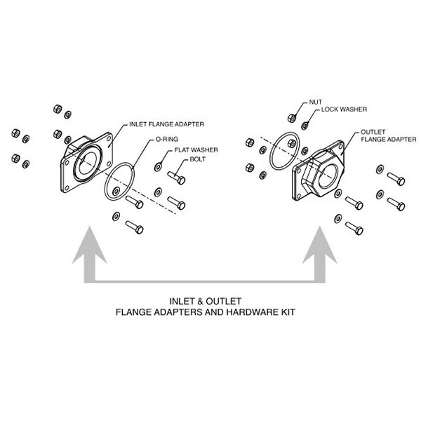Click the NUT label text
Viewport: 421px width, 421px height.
(x=316, y=102)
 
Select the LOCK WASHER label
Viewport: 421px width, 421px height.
(x=344, y=109)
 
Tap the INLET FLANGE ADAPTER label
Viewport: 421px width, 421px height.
(x=166, y=124)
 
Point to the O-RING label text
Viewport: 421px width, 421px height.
(x=167, y=139)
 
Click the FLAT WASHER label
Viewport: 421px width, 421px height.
(x=196, y=150)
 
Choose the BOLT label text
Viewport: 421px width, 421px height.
(x=198, y=159)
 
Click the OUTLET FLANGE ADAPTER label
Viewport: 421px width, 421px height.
(x=388, y=135)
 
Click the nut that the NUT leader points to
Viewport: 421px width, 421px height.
(x=292, y=118)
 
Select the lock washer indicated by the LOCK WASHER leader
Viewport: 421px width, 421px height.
(x=305, y=126)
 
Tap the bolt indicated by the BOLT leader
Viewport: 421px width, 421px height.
(x=176, y=178)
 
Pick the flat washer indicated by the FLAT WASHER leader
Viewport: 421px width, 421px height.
(x=158, y=167)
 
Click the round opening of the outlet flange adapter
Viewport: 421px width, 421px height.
(x=328, y=176)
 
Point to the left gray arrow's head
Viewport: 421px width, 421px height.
(x=89, y=245)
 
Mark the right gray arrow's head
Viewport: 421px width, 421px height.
(x=319, y=245)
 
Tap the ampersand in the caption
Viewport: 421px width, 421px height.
(x=200, y=301)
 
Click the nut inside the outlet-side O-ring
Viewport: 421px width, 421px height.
(x=292, y=144)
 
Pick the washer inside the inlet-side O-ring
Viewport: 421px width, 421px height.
(x=116, y=192)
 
